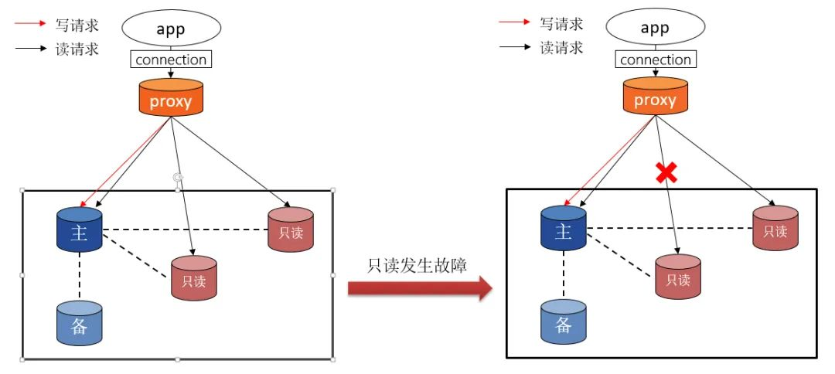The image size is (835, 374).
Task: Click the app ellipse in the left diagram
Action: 171,28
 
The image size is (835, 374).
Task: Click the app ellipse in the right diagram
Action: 656,27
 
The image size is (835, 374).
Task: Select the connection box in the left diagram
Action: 171,59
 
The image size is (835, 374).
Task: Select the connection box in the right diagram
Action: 656,59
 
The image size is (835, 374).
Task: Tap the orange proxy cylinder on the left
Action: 171,97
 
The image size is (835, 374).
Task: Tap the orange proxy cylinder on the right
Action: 656,96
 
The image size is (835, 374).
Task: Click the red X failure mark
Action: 666,172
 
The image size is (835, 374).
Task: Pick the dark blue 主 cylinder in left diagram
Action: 79,229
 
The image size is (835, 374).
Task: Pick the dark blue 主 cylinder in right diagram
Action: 564,228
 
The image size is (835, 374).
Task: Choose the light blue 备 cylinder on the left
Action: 79,324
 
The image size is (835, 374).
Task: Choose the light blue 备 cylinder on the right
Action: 564,322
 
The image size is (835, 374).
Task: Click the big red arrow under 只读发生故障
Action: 420,288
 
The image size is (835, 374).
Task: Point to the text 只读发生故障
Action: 417,265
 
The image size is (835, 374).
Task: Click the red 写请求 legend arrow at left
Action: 30,23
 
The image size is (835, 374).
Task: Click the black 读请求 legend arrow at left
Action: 30,49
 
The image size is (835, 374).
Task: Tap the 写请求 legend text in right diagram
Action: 561,23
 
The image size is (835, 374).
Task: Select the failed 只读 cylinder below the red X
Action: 678,277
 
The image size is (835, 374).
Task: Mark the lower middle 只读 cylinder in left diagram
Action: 194,278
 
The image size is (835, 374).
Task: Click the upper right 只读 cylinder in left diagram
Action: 291,229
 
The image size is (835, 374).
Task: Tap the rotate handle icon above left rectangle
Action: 178,178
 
